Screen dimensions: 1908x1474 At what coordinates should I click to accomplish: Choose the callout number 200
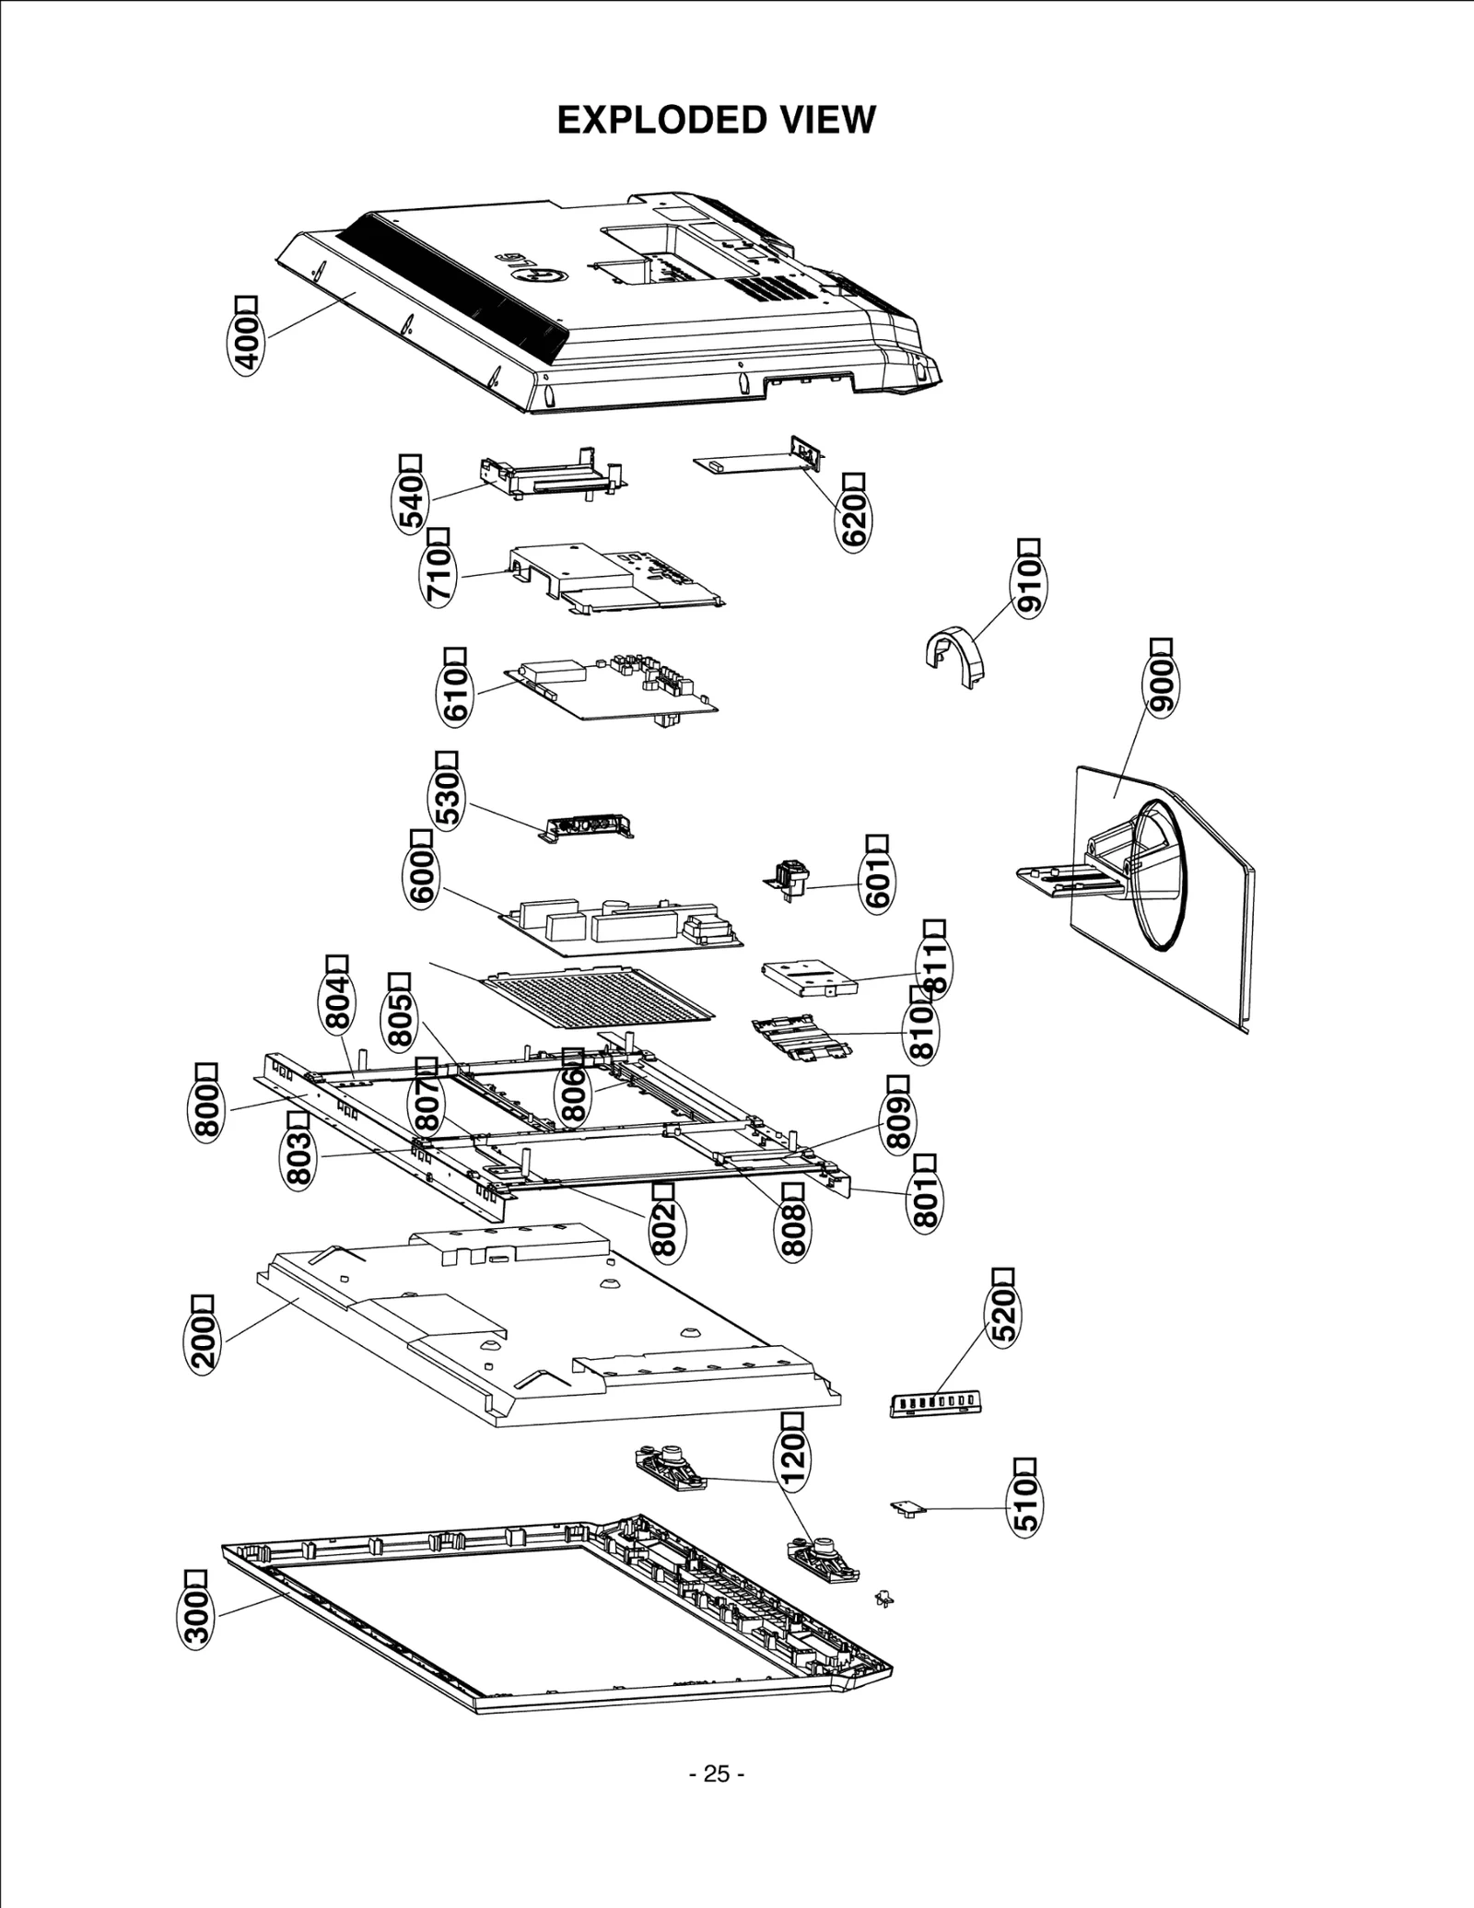203,1341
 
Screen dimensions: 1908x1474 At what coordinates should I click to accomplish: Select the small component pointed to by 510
907,1508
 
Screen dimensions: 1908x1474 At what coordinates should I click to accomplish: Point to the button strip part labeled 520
934,1403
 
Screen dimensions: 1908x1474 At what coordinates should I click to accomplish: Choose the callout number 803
298,1158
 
